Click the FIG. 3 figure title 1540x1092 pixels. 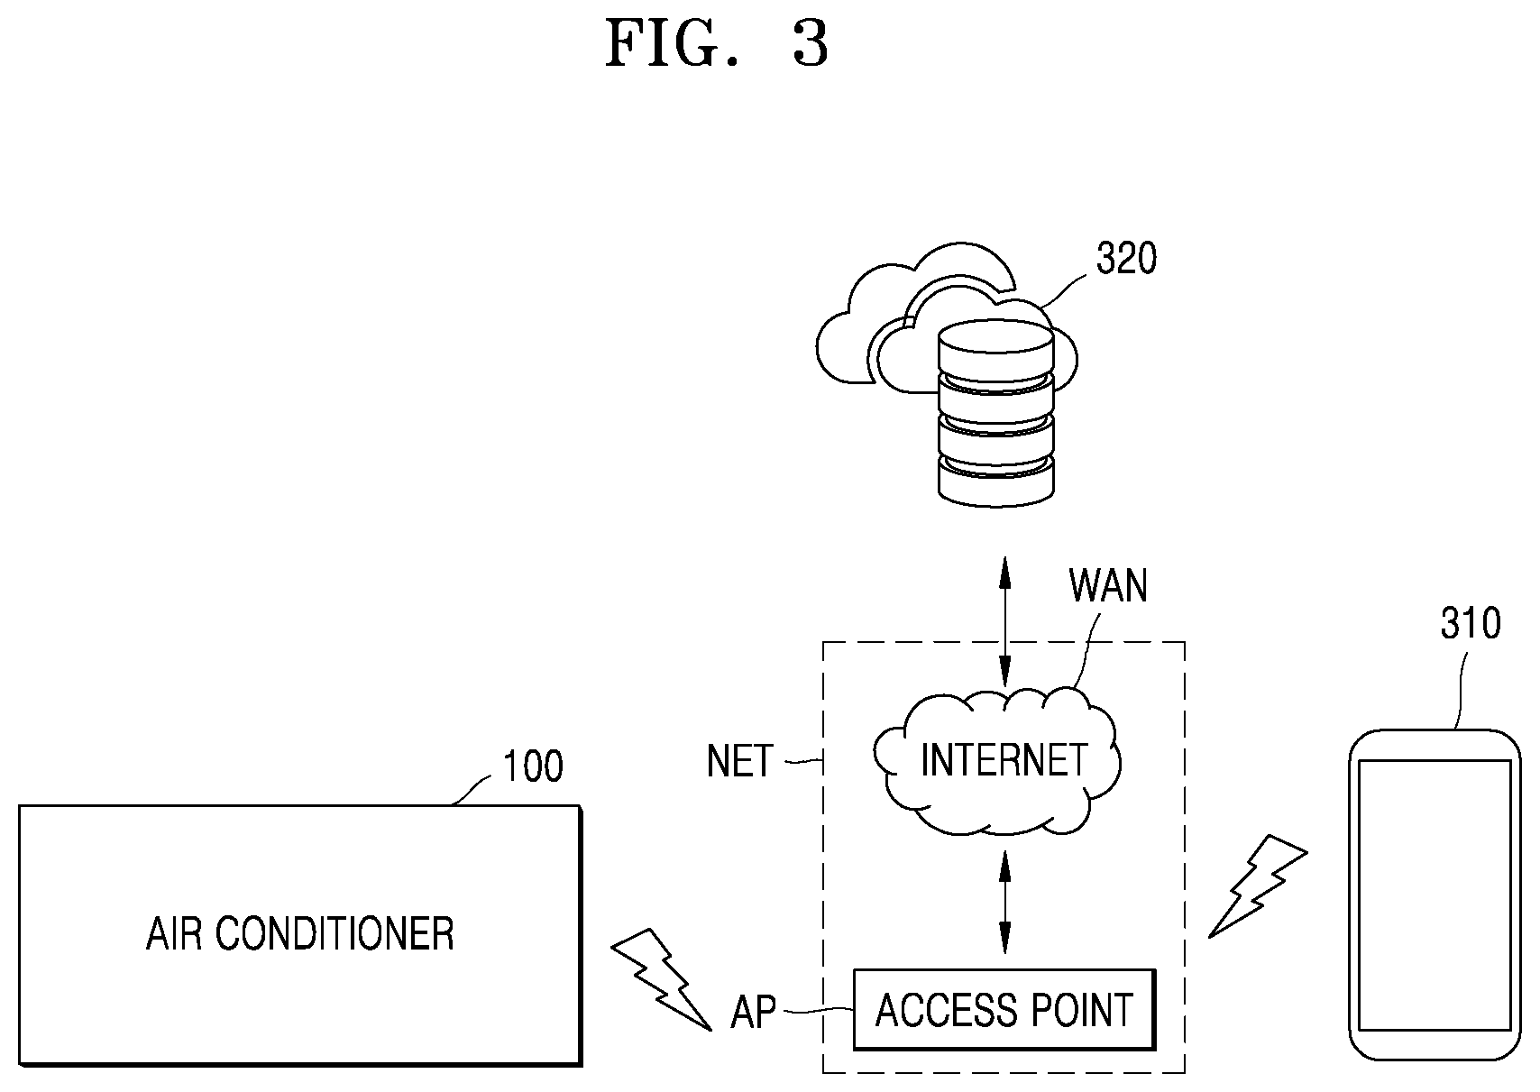[x=717, y=44]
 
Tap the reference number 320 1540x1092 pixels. [x=1126, y=259]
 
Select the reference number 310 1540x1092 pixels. [x=1471, y=624]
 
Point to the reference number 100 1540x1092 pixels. [x=533, y=766]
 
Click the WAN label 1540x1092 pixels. [x=1108, y=586]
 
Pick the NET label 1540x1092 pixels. [x=739, y=761]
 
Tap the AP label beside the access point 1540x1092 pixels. [x=753, y=1013]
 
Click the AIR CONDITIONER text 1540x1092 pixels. [x=300, y=934]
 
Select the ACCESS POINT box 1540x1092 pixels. [x=1004, y=1009]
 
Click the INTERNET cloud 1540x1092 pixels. [x=998, y=761]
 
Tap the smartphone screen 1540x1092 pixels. [x=1435, y=895]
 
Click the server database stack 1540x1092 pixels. [x=996, y=413]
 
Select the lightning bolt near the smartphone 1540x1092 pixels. [x=1258, y=886]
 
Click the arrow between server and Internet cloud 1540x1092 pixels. [x=1005, y=622]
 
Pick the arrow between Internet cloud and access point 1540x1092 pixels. [x=1005, y=903]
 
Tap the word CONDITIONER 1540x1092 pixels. [x=335, y=934]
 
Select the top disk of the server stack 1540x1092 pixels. [x=996, y=346]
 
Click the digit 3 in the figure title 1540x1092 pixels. [x=811, y=44]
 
